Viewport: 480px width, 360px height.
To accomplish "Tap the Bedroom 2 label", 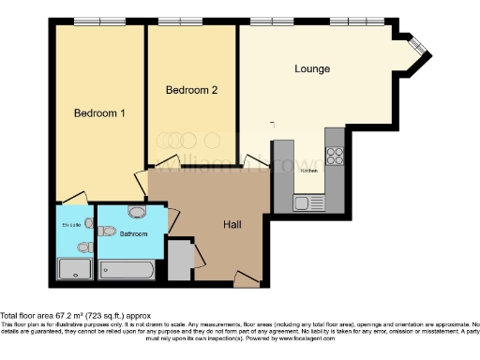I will coord(191,90).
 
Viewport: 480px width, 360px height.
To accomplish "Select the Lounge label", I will coord(311,68).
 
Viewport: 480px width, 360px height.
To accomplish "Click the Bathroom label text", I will coord(133,233).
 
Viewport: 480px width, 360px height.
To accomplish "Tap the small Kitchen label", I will coord(309,171).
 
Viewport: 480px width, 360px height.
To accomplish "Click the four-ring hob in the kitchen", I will coord(335,156).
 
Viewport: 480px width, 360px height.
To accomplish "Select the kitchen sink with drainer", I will coord(307,202).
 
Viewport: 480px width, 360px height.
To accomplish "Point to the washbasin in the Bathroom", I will coord(137,212).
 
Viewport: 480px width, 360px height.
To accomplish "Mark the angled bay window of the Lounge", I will coord(417,47).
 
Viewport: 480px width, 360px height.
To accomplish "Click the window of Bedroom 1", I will coord(99,21).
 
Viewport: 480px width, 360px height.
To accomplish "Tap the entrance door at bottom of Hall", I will coord(247,279).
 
